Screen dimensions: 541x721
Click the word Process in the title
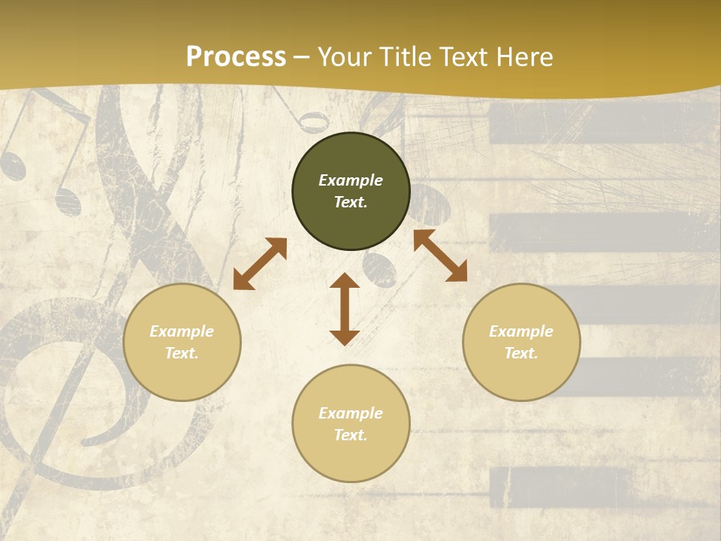pyautogui.click(x=236, y=57)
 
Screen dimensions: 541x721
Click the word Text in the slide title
pyautogui.click(x=465, y=57)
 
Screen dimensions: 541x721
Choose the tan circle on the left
pyautogui.click(x=182, y=342)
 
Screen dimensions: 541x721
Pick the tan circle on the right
pyautogui.click(x=521, y=342)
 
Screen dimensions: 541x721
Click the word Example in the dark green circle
pyautogui.click(x=351, y=180)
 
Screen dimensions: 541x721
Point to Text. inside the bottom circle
pyautogui.click(x=351, y=435)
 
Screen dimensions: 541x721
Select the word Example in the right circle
pyautogui.click(x=521, y=331)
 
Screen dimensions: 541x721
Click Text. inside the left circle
pyautogui.click(x=182, y=353)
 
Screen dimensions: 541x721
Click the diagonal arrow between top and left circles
pyautogui.click(x=260, y=264)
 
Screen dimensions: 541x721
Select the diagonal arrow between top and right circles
pyautogui.click(x=440, y=255)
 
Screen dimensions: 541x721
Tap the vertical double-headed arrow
pyautogui.click(x=345, y=309)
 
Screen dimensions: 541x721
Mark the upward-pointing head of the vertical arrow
pyautogui.click(x=345, y=281)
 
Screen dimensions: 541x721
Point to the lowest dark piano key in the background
pyautogui.click(x=560, y=487)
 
